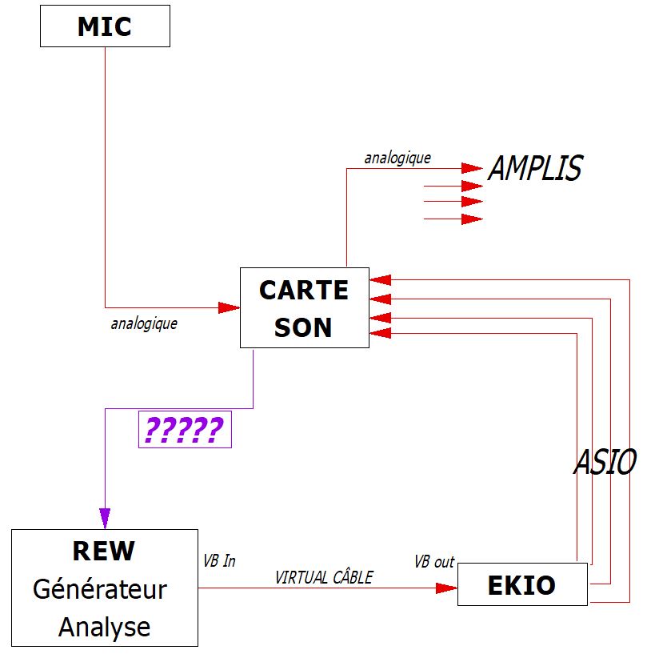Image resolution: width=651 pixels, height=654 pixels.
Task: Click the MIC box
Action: (105, 27)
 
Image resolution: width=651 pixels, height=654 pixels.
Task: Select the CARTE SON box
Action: (304, 307)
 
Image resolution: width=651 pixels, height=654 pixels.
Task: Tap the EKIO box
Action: (521, 585)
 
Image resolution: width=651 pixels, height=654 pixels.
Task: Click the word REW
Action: (104, 551)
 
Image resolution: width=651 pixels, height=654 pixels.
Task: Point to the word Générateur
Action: (100, 590)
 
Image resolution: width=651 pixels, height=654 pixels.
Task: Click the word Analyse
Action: (104, 627)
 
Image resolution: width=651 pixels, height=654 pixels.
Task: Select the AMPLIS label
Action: (535, 169)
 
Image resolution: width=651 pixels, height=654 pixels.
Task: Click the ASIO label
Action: (605, 463)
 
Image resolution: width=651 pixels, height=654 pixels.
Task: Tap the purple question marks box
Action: (185, 430)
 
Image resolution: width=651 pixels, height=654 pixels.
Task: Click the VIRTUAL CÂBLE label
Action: (324, 577)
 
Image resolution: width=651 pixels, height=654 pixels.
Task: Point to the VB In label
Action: (220, 561)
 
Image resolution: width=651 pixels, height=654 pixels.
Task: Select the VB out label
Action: (434, 562)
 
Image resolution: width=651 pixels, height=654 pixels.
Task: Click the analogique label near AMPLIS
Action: (397, 158)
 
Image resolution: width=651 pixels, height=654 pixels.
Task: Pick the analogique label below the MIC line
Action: (144, 324)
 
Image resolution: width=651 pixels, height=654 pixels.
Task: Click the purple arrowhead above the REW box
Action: (105, 517)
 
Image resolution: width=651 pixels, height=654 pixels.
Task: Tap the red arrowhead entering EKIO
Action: (446, 588)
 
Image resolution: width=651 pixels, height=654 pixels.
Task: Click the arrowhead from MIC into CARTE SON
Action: (230, 307)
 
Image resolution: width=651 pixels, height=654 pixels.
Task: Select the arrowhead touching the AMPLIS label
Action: (472, 169)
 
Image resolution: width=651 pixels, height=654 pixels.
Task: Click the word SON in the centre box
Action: (303, 327)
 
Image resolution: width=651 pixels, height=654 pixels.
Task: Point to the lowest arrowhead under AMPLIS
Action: (472, 219)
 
